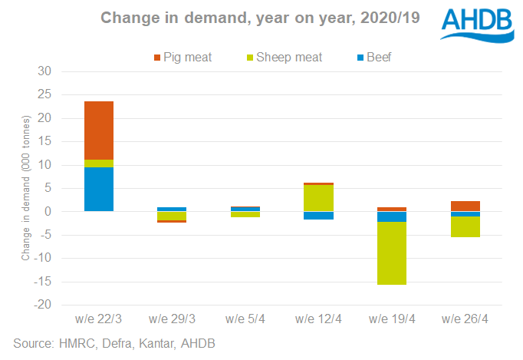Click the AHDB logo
(x=477, y=26)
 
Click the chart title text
(x=261, y=18)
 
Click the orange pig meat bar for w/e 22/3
(x=99, y=130)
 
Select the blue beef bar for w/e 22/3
(x=99, y=189)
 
